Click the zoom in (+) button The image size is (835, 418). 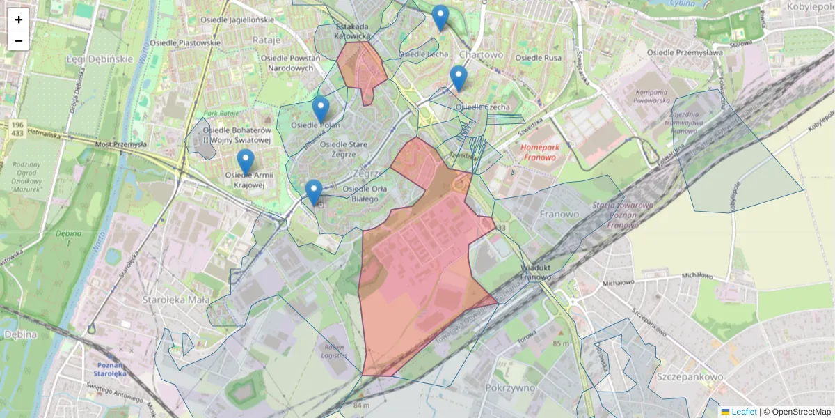pyautogui.click(x=19, y=20)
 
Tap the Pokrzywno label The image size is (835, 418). pyautogui.click(x=510, y=387)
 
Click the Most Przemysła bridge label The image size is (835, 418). pyautogui.click(x=121, y=144)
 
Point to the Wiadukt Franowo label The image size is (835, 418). pyautogui.click(x=536, y=272)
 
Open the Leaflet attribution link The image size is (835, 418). pyautogui.click(x=743, y=412)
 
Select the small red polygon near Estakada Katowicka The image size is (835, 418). pyautogui.click(x=360, y=68)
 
